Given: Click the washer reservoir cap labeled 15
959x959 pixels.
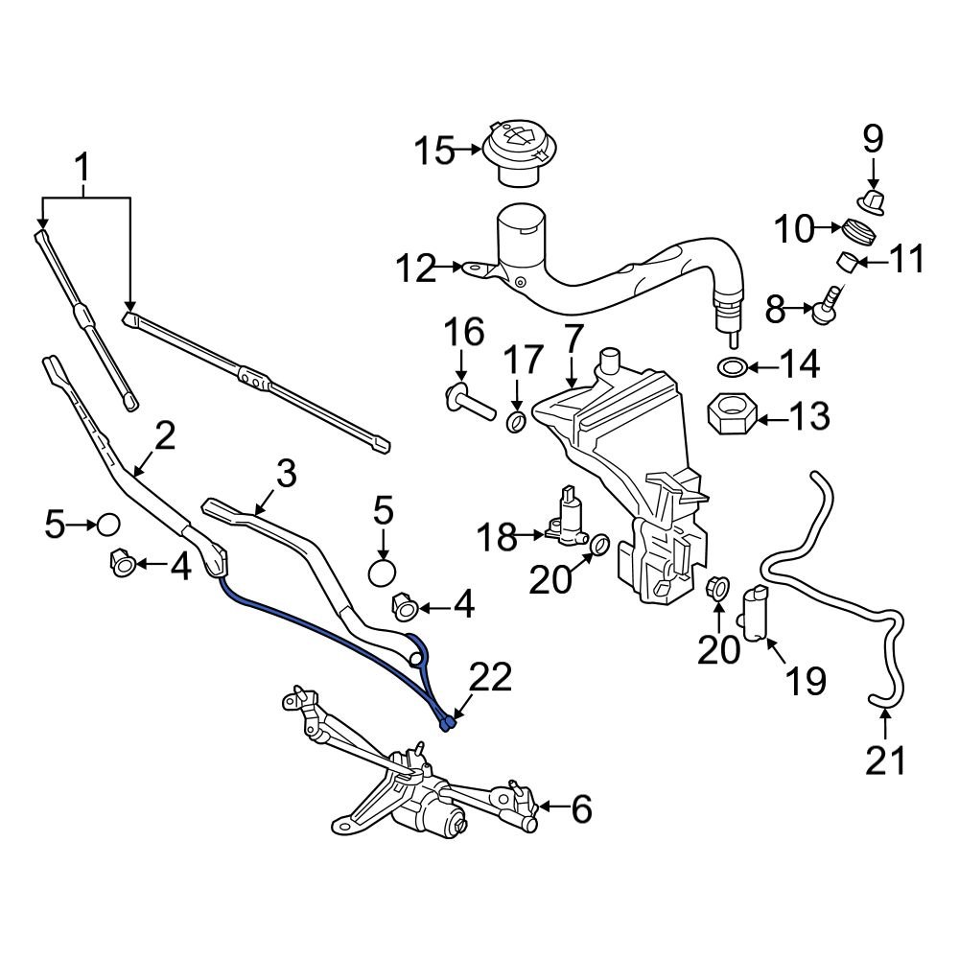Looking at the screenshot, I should [517, 150].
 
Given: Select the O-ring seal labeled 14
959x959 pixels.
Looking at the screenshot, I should [731, 366].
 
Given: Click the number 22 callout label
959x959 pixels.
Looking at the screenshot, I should [490, 679].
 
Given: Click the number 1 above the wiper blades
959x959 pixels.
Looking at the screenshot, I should [84, 171].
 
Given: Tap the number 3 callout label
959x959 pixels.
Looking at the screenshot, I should [286, 475].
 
